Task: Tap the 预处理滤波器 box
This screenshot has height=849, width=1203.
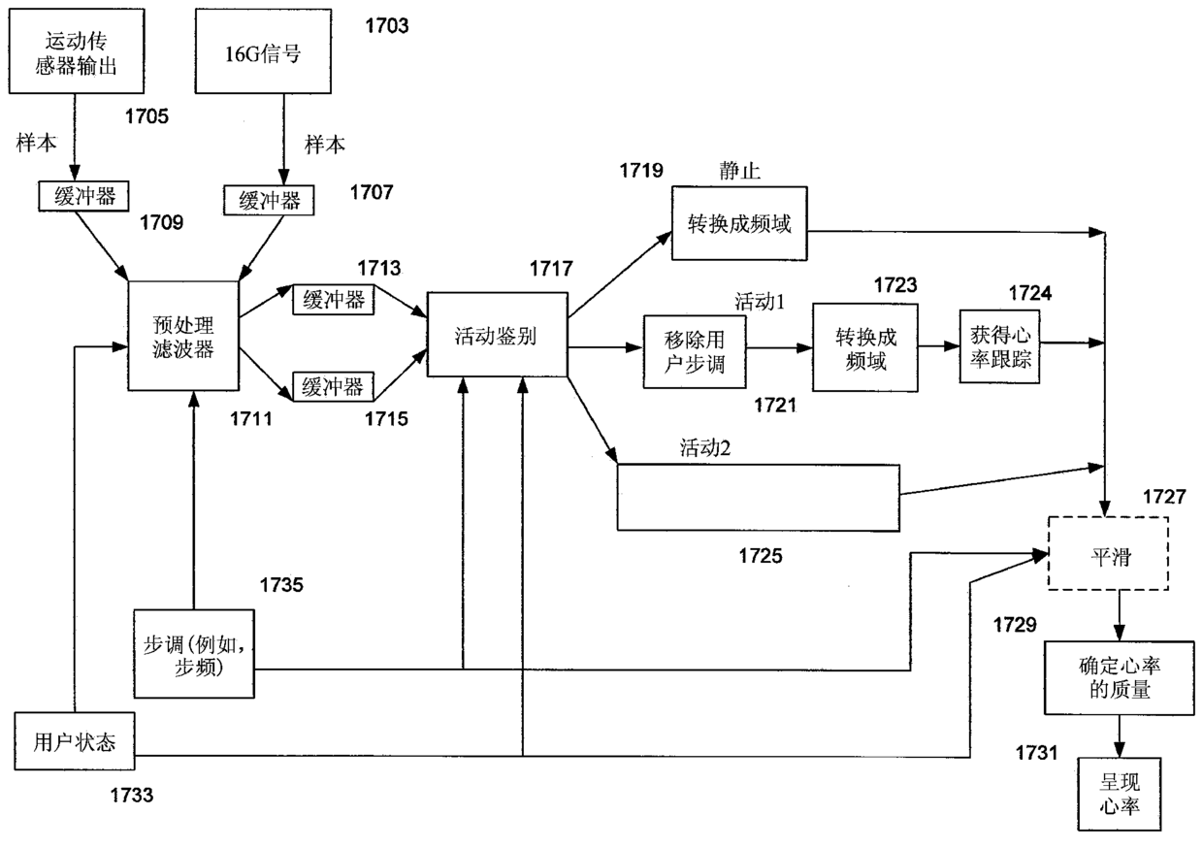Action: click(x=183, y=336)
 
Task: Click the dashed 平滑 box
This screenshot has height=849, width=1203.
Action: click(x=1107, y=554)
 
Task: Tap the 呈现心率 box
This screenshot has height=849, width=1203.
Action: click(x=1119, y=794)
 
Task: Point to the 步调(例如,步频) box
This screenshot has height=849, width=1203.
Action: click(x=198, y=653)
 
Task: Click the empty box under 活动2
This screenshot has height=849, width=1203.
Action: click(x=757, y=497)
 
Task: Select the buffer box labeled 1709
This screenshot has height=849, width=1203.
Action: click(x=86, y=196)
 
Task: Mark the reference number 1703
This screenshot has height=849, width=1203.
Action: click(x=386, y=26)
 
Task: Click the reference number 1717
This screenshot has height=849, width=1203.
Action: click(x=551, y=268)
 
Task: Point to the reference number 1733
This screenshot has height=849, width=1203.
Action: click(x=131, y=797)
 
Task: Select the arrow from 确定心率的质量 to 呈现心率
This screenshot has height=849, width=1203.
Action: click(x=1120, y=735)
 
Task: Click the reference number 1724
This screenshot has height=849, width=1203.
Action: click(x=1029, y=293)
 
